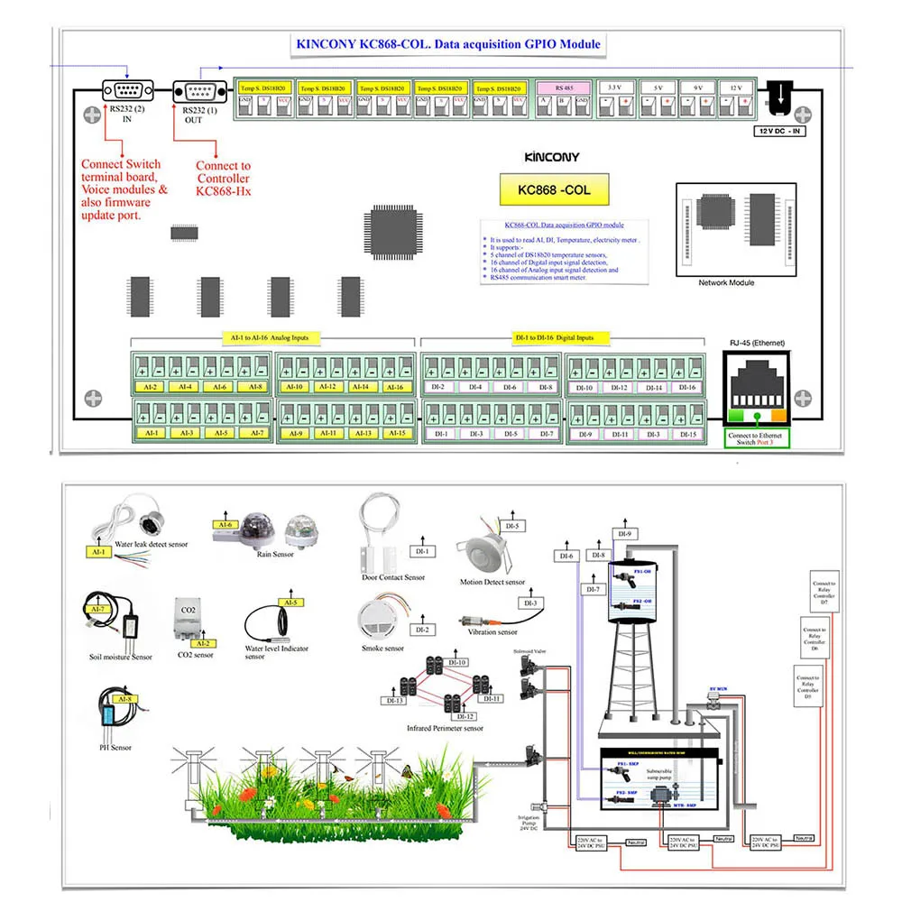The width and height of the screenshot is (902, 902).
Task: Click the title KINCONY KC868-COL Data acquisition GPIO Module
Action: coord(448,43)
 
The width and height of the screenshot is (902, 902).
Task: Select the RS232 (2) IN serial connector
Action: coord(127,90)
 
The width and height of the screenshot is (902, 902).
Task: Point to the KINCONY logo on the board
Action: coord(552,156)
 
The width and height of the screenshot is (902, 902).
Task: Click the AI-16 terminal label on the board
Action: coord(394,387)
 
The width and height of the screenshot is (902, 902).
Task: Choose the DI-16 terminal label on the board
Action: coord(686,387)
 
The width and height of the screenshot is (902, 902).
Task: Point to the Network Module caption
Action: coord(726,283)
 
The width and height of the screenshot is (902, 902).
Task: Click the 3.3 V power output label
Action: coord(615,87)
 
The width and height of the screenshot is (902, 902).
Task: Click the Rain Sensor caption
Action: coord(277,554)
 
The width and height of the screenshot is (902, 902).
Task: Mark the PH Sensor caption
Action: coord(115,747)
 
